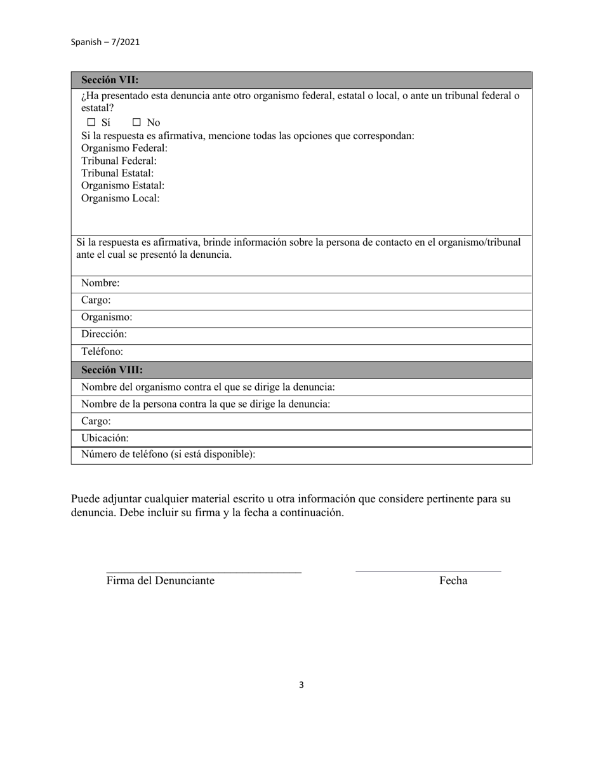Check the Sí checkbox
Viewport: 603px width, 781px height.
click(x=91, y=123)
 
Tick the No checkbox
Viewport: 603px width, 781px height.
click(x=136, y=123)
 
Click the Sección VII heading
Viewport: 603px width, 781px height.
click(x=110, y=80)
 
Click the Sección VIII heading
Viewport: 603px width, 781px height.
click(x=112, y=370)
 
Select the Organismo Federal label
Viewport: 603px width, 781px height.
click(x=124, y=148)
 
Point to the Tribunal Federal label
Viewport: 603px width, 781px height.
click(x=119, y=161)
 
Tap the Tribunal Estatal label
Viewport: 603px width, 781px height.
click(x=117, y=173)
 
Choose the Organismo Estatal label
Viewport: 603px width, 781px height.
click(x=123, y=185)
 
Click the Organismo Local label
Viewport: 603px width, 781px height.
click(x=120, y=198)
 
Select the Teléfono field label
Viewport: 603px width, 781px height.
click(x=102, y=351)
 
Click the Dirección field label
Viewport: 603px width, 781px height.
click(x=104, y=334)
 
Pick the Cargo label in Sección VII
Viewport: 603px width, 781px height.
click(x=96, y=300)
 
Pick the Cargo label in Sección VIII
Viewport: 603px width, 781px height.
click(x=96, y=421)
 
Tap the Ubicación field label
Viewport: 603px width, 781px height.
click(x=105, y=438)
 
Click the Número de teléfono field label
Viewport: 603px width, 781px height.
click(x=168, y=455)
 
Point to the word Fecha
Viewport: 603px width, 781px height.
click(x=453, y=580)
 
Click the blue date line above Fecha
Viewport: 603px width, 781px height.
click(x=428, y=571)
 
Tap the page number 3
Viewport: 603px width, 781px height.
click(x=301, y=684)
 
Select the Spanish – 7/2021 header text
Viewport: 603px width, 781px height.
click(x=105, y=42)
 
